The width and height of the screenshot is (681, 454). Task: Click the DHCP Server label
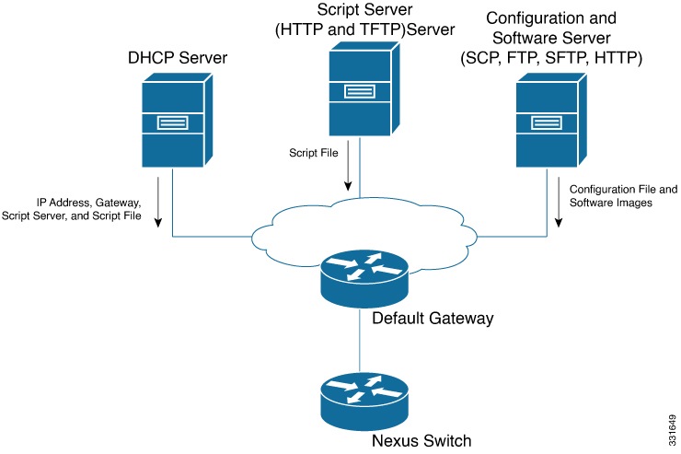click(178, 58)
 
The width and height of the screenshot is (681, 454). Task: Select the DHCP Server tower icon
click(178, 120)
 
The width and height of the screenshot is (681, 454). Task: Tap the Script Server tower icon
click(364, 88)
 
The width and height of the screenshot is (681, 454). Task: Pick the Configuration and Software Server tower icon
click(551, 120)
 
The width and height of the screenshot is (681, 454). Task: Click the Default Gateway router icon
click(364, 279)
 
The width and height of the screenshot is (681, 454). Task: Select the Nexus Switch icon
click(364, 402)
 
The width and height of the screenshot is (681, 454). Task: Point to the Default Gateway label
click(433, 319)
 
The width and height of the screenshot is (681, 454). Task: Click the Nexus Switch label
click(421, 440)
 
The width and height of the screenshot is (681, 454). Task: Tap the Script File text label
click(314, 153)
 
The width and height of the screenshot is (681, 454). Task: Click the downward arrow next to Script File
click(348, 165)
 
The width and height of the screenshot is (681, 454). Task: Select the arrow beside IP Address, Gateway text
click(158, 202)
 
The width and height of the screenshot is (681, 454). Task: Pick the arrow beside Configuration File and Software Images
click(559, 202)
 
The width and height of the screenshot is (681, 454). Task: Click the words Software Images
click(611, 203)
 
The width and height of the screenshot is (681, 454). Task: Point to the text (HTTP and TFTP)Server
click(364, 29)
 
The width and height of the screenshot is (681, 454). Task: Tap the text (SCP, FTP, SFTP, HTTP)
click(551, 57)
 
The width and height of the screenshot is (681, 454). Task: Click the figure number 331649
click(673, 430)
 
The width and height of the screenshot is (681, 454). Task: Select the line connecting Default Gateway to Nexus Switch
click(360, 340)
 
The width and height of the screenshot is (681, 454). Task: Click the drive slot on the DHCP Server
click(172, 123)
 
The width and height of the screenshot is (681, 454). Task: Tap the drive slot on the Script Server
click(360, 92)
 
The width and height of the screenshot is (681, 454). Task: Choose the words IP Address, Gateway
click(88, 203)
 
